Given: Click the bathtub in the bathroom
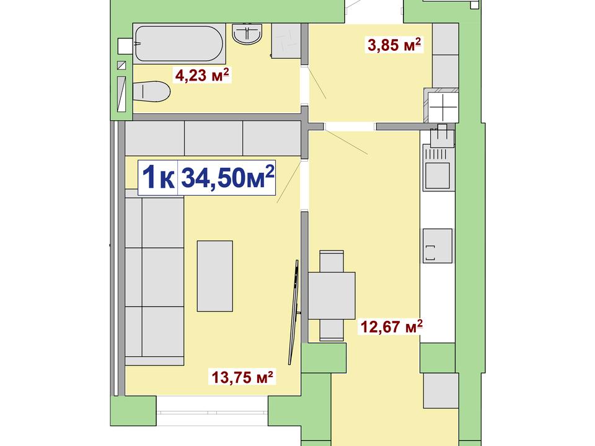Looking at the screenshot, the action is (178, 43).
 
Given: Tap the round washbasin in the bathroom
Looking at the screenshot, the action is (247, 33).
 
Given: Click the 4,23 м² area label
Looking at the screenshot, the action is (202, 75).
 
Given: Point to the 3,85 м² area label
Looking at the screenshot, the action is (394, 45).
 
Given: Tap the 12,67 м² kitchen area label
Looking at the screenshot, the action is (391, 326).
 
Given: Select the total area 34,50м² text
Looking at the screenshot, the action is (227, 177).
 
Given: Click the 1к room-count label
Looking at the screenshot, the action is (158, 178).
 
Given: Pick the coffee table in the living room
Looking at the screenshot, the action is (215, 276).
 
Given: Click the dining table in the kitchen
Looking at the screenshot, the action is (331, 295).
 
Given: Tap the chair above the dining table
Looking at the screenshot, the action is (331, 261).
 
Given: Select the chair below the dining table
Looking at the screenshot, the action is (331, 330).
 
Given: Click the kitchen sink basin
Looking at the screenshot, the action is (438, 175).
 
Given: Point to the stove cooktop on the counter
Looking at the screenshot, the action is (438, 246).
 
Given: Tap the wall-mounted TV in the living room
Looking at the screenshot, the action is (294, 312).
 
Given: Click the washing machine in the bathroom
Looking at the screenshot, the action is (286, 41).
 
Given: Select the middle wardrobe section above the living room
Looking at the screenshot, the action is (213, 138).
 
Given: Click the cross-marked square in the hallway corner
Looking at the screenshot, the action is (443, 107).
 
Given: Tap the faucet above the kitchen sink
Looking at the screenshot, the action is (442, 136).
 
